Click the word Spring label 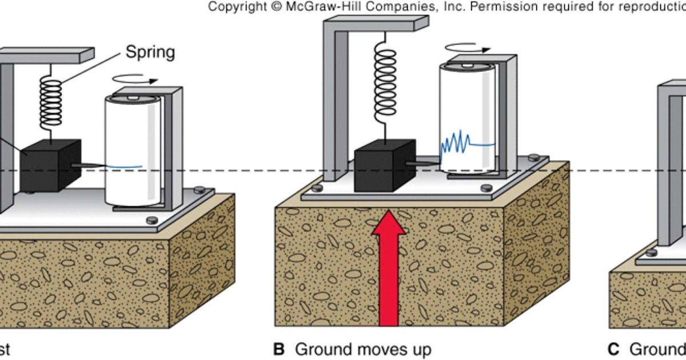click(x=150, y=53)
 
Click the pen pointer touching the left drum click(x=91, y=166)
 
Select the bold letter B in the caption click(x=280, y=349)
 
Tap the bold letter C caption click(x=614, y=349)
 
